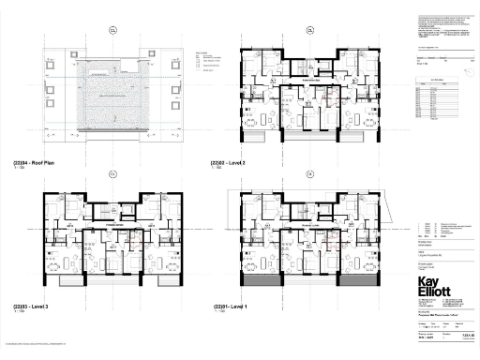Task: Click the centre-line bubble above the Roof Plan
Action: (112, 29)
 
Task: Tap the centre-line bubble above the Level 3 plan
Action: (112, 173)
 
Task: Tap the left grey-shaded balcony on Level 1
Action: (263, 279)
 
